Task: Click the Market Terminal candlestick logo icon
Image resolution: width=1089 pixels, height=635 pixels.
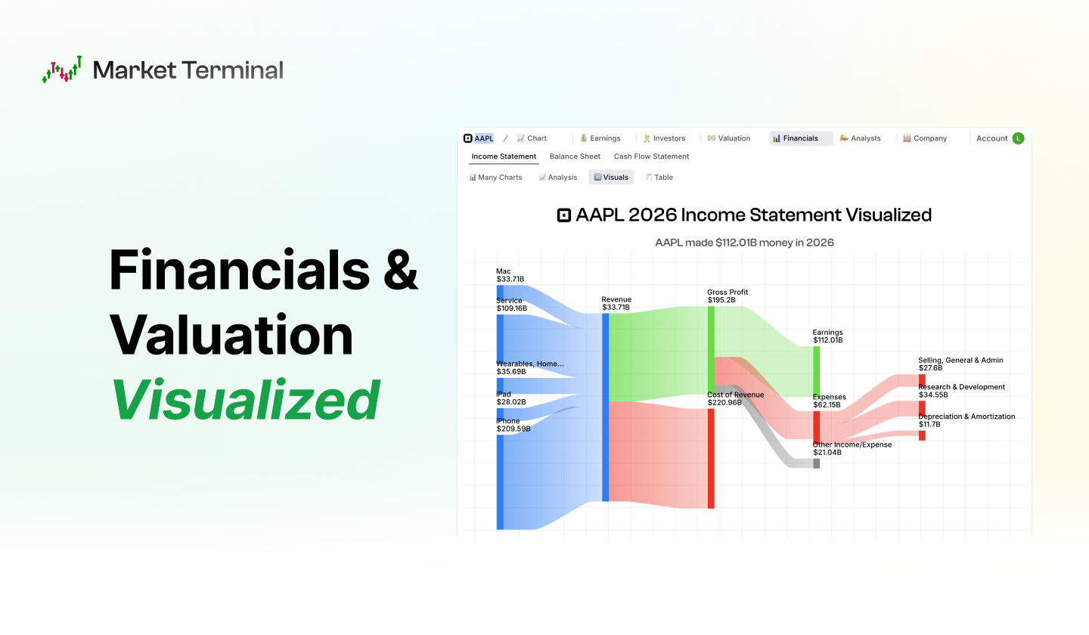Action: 62,70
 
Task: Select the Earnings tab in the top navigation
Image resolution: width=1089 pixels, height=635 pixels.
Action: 600,138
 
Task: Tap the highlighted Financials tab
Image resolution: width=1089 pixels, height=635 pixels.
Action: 800,138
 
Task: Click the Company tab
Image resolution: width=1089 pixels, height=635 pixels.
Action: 925,138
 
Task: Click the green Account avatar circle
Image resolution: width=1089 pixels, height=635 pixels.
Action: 1018,138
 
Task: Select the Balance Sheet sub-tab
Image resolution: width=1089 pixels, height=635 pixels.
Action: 575,156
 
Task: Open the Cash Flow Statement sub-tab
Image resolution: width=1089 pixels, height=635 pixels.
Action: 651,156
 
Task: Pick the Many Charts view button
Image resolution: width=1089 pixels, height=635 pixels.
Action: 495,178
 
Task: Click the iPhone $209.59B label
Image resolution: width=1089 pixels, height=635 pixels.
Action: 513,425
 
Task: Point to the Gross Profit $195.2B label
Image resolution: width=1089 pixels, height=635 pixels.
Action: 728,296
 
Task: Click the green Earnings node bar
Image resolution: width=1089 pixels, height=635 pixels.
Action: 817,370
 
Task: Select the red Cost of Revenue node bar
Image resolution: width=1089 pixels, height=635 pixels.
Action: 711,458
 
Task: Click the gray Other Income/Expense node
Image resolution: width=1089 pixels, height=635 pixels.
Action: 817,463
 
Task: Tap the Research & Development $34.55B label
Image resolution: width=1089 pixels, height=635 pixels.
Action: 961,390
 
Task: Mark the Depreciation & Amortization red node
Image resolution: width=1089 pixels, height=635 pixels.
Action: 922,435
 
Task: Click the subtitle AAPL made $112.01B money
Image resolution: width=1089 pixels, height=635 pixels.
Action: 744,243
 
